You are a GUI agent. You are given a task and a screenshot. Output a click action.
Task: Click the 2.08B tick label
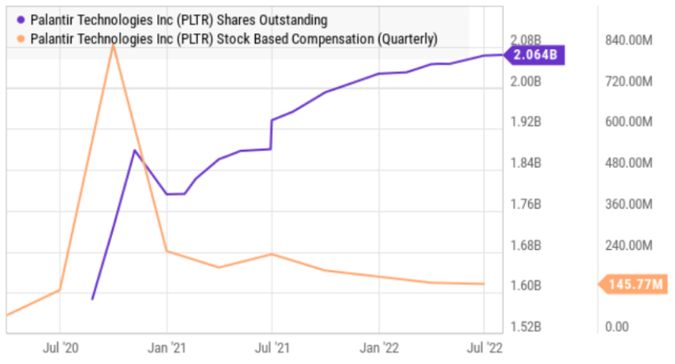(525, 40)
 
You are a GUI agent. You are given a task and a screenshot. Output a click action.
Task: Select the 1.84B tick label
(525, 163)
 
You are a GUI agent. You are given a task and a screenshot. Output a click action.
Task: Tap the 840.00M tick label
(628, 40)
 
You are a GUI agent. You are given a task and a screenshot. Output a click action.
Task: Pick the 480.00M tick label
(628, 163)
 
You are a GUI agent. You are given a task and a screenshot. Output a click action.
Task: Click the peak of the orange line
(114, 44)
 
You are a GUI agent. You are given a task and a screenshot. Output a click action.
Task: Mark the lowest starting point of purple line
(93, 299)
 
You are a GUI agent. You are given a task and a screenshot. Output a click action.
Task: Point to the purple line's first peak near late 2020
(135, 150)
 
